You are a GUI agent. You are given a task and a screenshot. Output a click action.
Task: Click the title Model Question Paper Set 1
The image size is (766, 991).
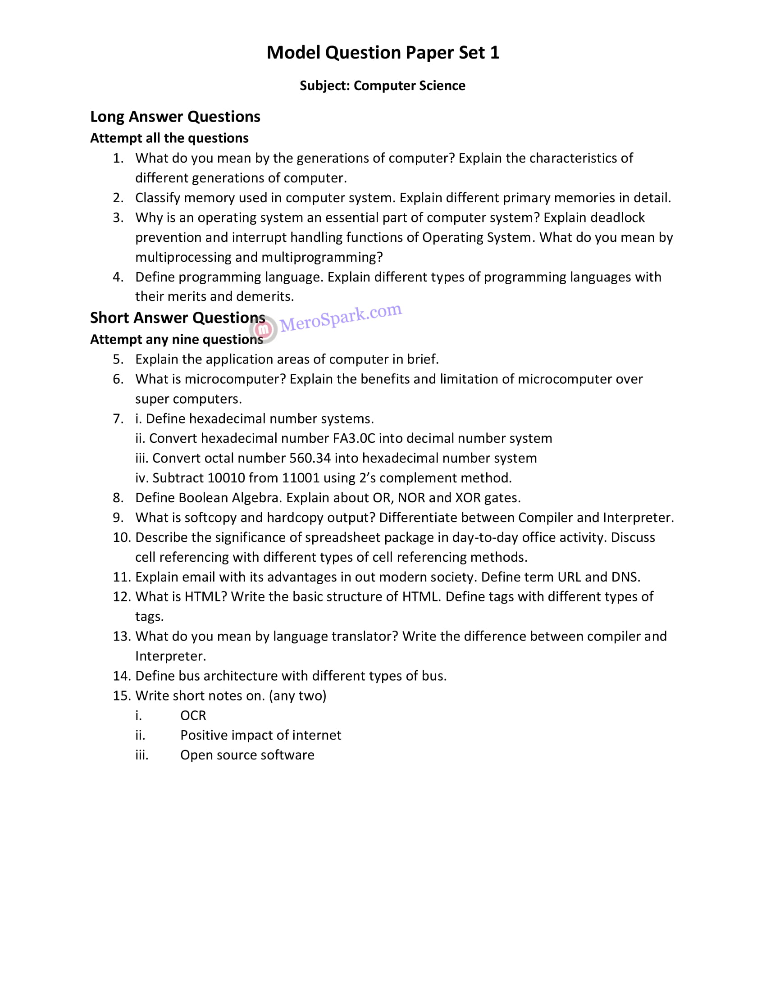(383, 53)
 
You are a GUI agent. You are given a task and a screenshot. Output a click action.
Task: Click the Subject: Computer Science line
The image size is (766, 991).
(383, 86)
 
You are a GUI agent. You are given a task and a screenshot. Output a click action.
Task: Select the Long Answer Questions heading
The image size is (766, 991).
(175, 117)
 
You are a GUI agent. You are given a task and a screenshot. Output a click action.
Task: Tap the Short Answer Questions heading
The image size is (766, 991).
(178, 318)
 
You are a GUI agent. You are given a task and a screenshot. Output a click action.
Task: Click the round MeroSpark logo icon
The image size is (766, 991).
(263, 329)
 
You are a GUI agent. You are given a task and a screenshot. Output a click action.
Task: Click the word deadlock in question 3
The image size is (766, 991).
(617, 218)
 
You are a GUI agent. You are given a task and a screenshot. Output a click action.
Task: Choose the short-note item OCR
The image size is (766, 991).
(193, 716)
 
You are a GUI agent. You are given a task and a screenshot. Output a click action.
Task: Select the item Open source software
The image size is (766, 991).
(247, 755)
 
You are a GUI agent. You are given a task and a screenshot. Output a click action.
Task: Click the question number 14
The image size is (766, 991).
(122, 676)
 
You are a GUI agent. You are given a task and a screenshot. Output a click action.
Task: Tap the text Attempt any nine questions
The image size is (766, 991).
(177, 339)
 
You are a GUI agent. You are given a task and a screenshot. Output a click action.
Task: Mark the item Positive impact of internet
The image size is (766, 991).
(260, 735)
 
